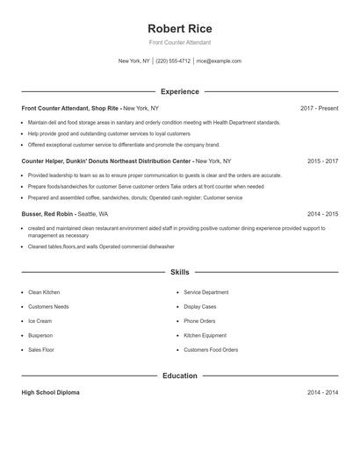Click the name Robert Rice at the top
[180, 28]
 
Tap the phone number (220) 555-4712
[174, 61]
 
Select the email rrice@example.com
[219, 61]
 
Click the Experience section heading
[180, 91]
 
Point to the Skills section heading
[180, 273]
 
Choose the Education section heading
[180, 376]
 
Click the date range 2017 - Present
[319, 108]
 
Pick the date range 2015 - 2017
[322, 161]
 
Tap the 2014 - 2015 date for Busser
[322, 214]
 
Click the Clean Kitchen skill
[44, 292]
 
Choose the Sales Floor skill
[41, 350]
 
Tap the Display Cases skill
[200, 307]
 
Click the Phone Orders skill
[199, 321]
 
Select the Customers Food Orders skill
[211, 350]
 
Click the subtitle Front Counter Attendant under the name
[180, 42]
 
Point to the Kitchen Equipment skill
[205, 335]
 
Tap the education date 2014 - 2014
[322, 393]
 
